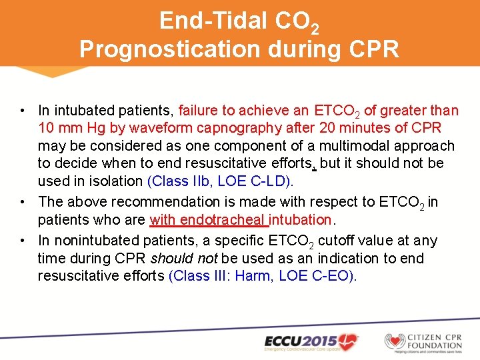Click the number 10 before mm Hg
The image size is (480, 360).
[x=47, y=128]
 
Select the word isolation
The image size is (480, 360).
[x=110, y=181]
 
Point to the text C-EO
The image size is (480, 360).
[x=330, y=275]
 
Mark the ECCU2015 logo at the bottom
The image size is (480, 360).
[x=311, y=341]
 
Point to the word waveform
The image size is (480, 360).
[x=158, y=128]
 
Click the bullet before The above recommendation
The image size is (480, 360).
[x=23, y=201]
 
